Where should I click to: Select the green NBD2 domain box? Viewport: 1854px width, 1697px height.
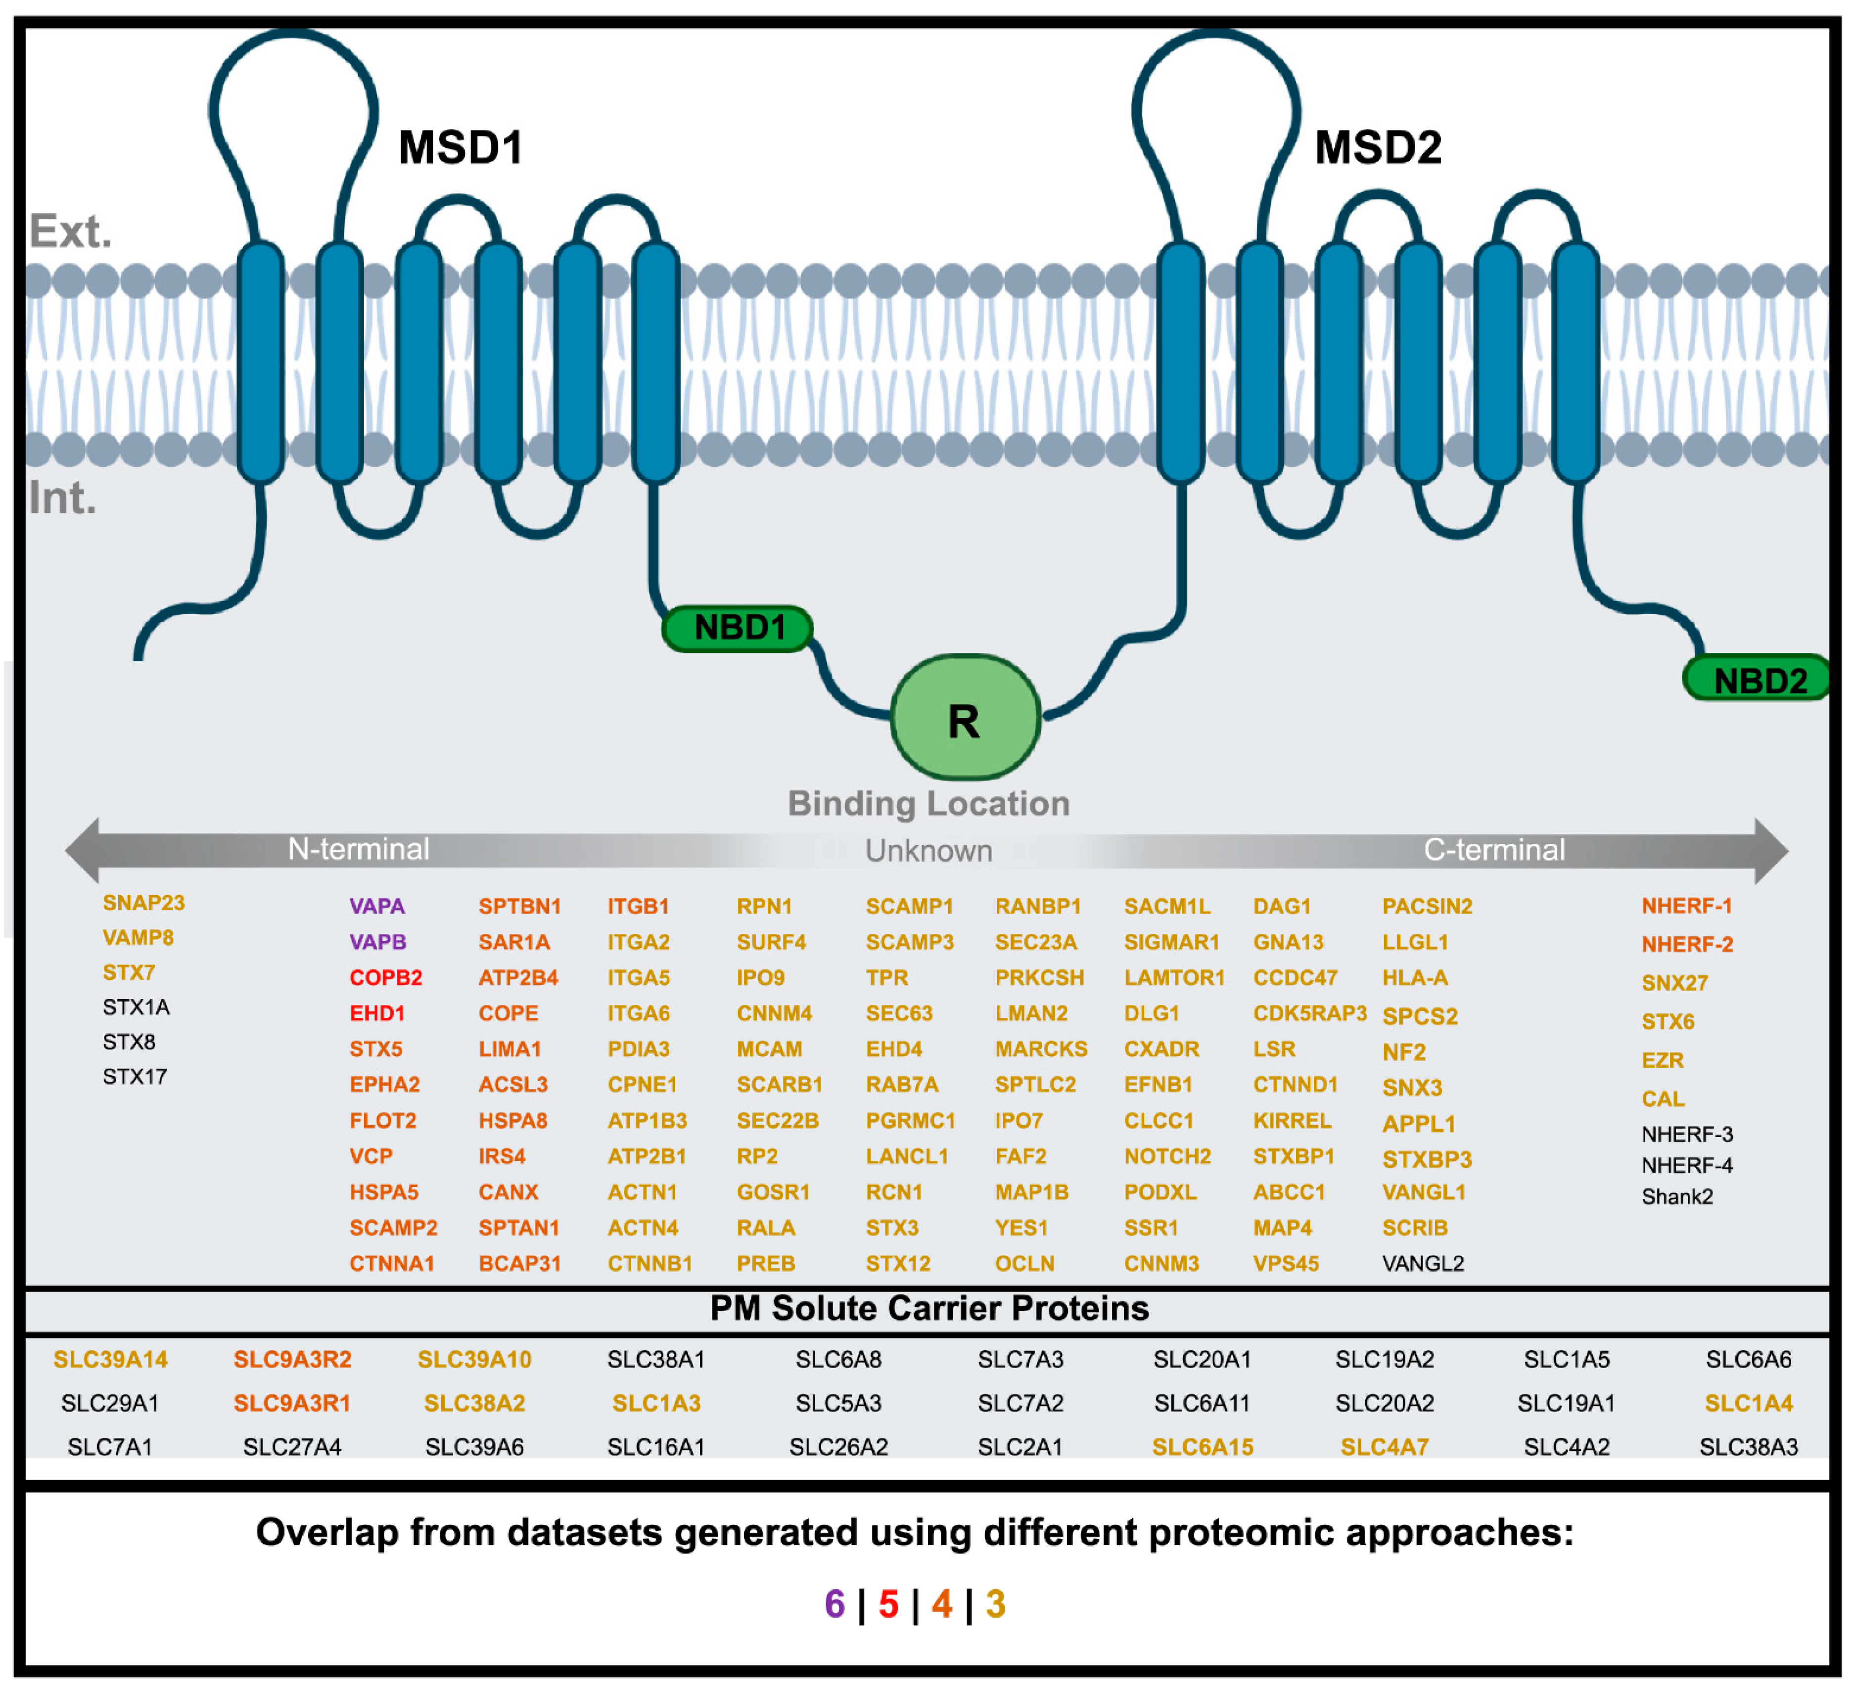tap(1759, 681)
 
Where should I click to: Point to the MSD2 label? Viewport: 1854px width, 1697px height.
tap(1378, 147)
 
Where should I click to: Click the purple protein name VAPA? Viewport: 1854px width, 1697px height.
tap(377, 907)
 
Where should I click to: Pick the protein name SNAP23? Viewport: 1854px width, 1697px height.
tap(143, 903)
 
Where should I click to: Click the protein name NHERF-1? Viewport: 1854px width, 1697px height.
tap(1687, 907)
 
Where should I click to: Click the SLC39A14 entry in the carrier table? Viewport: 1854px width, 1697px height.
tap(110, 1360)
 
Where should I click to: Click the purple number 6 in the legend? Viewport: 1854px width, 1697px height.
tap(834, 1605)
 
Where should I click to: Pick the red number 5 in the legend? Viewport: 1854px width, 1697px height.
tap(888, 1605)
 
